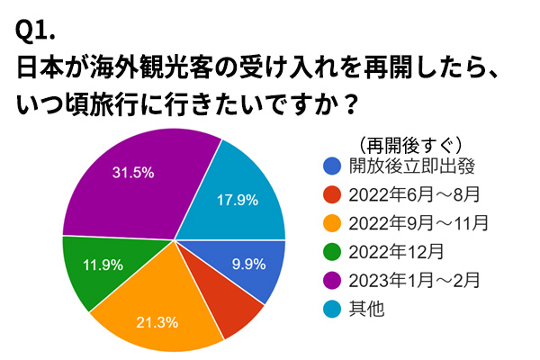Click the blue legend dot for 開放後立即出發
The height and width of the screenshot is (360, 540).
coord(332,166)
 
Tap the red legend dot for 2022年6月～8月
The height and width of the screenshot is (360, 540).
coord(332,193)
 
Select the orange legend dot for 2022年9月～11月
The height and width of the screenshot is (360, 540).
coord(332,222)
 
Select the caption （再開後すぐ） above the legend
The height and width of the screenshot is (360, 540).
coord(409,143)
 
